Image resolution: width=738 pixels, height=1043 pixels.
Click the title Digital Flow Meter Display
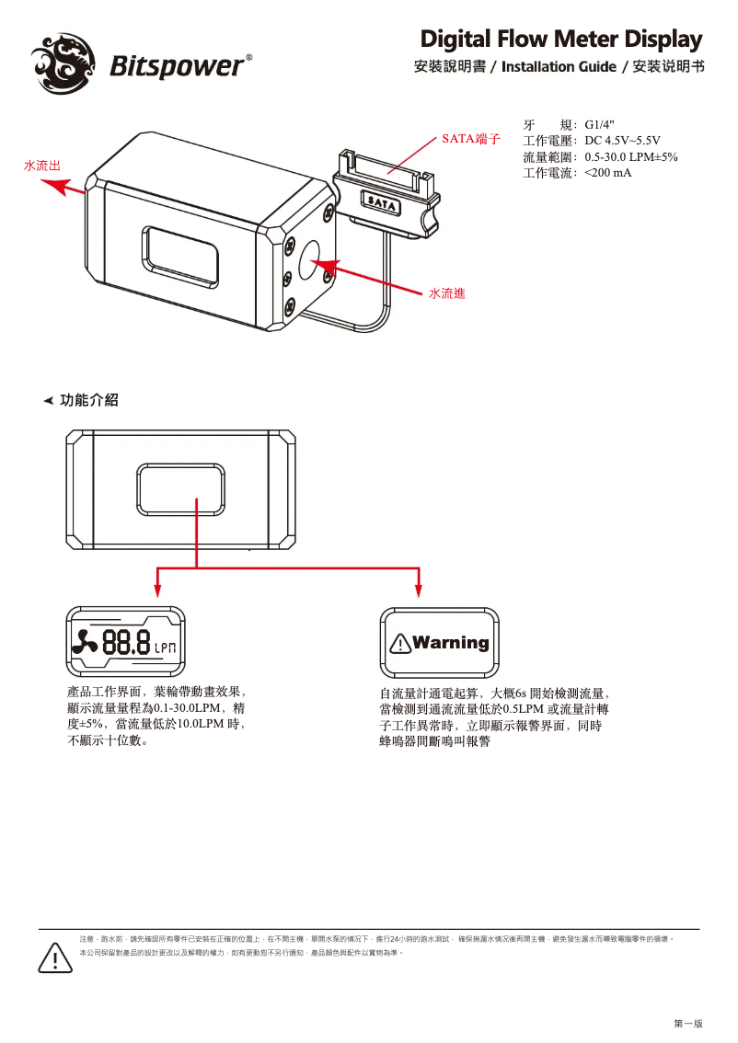click(561, 40)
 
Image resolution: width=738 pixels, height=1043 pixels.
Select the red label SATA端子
click(470, 139)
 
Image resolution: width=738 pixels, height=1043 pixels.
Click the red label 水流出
click(42, 166)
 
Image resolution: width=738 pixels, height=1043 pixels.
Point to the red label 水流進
click(446, 292)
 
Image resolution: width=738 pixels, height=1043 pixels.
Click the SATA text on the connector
click(381, 201)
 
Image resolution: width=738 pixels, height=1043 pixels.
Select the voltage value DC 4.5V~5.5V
click(622, 141)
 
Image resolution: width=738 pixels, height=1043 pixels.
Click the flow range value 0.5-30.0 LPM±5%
click(630, 156)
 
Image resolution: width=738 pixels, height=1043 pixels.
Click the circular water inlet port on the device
click(310, 261)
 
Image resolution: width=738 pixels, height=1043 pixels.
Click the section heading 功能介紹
click(89, 401)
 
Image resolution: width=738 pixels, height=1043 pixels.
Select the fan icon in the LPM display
click(88, 643)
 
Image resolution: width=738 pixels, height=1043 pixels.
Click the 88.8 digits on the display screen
click(126, 643)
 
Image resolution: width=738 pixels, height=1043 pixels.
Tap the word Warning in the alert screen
click(451, 643)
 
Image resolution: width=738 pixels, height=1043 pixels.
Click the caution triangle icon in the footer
click(56, 958)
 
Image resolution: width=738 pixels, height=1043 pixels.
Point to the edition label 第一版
click(687, 1023)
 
